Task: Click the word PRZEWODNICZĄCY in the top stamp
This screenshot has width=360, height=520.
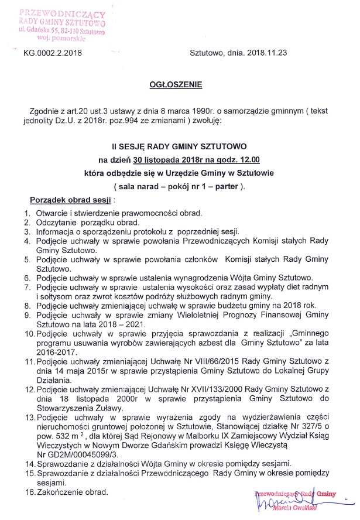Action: (x=62, y=13)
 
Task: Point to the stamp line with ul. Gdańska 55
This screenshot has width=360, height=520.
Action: (x=61, y=30)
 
